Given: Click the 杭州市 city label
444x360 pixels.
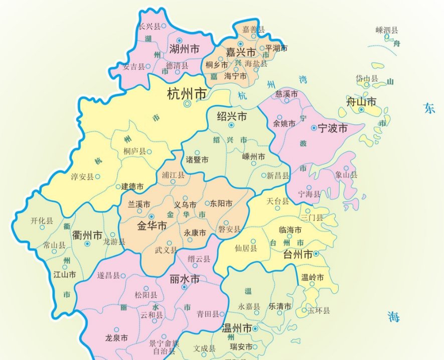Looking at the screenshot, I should (x=187, y=93).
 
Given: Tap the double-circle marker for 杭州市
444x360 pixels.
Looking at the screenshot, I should (x=187, y=104).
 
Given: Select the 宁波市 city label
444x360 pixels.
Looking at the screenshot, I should (x=333, y=128).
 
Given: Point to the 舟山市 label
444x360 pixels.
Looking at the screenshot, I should (x=361, y=102).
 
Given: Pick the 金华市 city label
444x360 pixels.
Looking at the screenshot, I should (x=152, y=226).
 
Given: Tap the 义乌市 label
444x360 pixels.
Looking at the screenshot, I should (x=185, y=204).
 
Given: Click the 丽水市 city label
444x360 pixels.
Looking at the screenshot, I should (x=185, y=279).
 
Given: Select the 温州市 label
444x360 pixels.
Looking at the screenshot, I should (x=237, y=328).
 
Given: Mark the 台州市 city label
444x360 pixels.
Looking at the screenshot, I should (x=298, y=254).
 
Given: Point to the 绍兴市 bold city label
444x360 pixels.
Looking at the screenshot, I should (x=232, y=116).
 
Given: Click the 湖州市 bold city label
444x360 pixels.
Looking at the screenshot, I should (x=184, y=49).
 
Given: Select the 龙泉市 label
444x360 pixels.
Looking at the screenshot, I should (x=116, y=337).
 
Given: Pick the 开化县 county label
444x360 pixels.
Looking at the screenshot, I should (x=42, y=220).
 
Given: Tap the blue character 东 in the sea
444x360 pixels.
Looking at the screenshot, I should (x=429, y=108).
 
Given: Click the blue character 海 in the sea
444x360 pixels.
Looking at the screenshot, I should (x=394, y=316).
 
